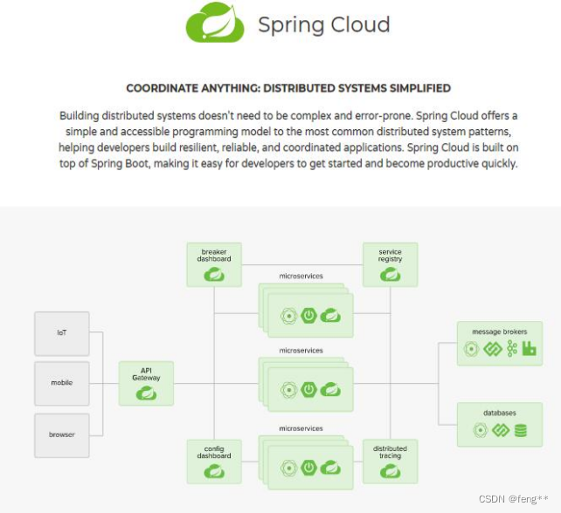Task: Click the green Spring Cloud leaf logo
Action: point(214,24)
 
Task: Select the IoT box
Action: point(62,333)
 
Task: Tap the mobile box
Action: point(62,383)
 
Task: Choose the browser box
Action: point(62,434)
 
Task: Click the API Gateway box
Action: point(146,383)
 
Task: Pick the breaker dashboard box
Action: point(214,264)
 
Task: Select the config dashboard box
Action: point(214,462)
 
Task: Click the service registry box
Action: point(390,264)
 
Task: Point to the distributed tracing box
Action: point(390,462)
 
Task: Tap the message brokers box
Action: point(499,343)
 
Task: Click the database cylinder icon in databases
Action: point(521,430)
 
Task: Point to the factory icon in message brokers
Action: point(529,349)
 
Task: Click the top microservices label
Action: point(301,277)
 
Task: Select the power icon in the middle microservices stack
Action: point(308,389)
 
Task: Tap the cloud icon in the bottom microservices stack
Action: point(329,469)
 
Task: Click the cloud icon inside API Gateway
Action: point(146,393)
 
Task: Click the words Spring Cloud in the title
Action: point(323,24)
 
